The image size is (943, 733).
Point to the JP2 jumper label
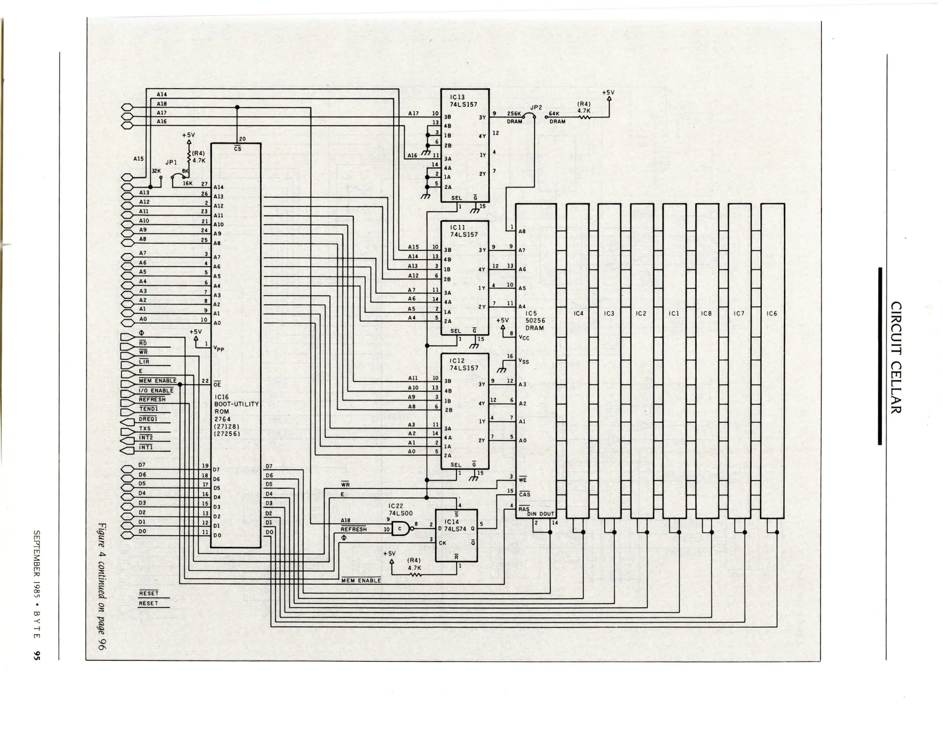click(x=536, y=108)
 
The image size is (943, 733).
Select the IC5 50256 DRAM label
click(x=535, y=321)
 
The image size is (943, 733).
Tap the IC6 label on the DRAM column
click(x=772, y=314)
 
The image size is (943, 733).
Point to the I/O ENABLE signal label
click(x=156, y=390)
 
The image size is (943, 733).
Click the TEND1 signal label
click(x=149, y=409)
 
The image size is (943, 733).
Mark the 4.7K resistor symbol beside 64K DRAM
click(x=584, y=117)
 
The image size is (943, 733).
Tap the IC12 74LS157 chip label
click(x=464, y=364)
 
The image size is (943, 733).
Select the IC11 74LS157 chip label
click(x=464, y=231)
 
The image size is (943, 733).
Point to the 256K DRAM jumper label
click(x=514, y=117)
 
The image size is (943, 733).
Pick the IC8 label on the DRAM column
click(x=706, y=314)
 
